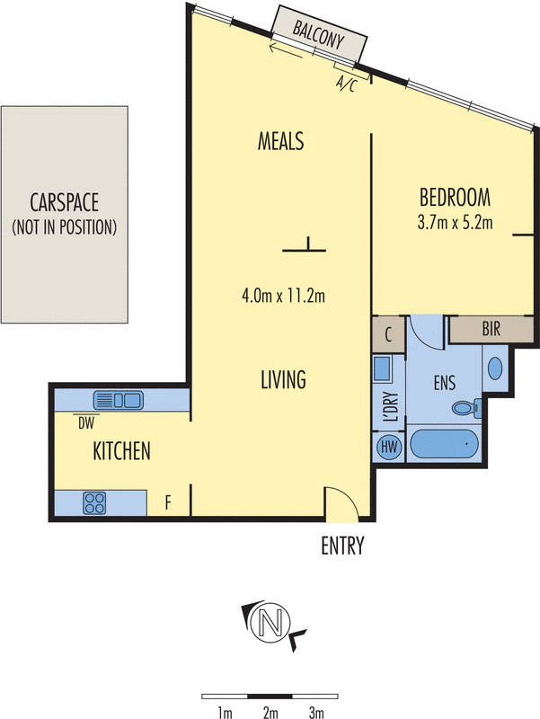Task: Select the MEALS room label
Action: (x=281, y=141)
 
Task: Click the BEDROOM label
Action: (x=454, y=197)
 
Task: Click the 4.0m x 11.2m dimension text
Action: (x=283, y=294)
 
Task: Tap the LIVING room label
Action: (x=283, y=379)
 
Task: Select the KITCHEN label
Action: (x=121, y=451)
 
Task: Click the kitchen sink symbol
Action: (x=118, y=400)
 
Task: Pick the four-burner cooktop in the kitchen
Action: (x=95, y=502)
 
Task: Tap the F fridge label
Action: (x=168, y=502)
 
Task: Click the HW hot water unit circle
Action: (x=389, y=447)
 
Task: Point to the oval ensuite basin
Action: (x=495, y=368)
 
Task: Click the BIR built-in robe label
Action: (x=491, y=330)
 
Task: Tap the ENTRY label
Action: (x=342, y=546)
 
